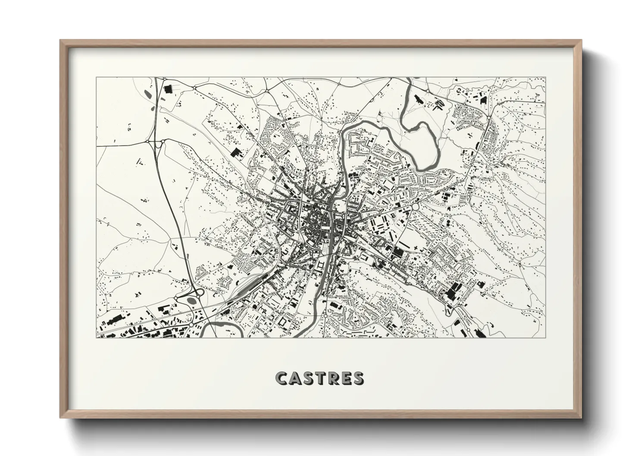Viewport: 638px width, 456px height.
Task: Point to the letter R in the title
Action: point(334,378)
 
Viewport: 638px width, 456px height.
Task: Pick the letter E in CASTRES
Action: point(346,378)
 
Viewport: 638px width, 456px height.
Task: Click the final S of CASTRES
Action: point(358,378)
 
